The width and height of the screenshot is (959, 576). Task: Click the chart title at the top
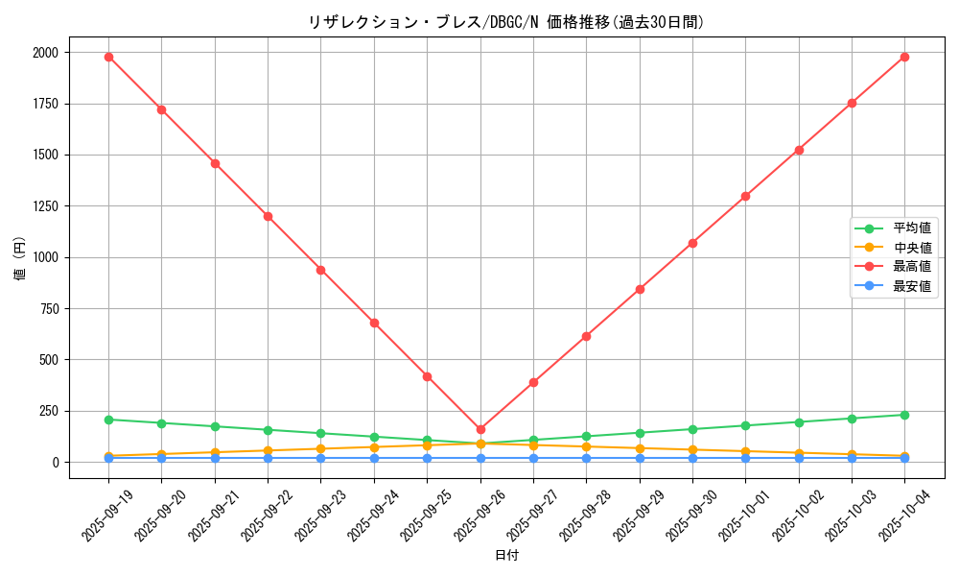(x=506, y=22)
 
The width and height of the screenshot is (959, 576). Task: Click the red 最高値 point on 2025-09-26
(x=480, y=430)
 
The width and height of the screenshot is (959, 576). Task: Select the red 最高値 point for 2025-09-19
(x=108, y=57)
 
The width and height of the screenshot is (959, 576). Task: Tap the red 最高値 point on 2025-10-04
(x=904, y=57)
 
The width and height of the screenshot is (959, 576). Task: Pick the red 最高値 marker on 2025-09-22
(x=268, y=216)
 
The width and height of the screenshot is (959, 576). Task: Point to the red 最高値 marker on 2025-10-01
(x=745, y=196)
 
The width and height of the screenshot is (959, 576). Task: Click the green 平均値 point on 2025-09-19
(x=108, y=420)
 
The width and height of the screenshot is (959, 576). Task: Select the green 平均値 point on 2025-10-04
(x=904, y=415)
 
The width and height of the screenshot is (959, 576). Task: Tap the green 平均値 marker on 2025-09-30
(x=692, y=429)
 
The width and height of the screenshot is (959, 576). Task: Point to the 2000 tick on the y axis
(x=45, y=52)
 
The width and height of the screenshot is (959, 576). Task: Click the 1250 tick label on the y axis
(x=45, y=206)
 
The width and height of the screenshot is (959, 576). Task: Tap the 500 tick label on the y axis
(x=48, y=360)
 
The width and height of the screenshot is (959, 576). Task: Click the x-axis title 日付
(x=506, y=556)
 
